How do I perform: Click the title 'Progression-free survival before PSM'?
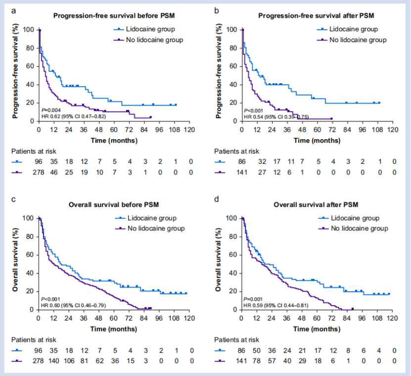[x=113, y=16]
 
